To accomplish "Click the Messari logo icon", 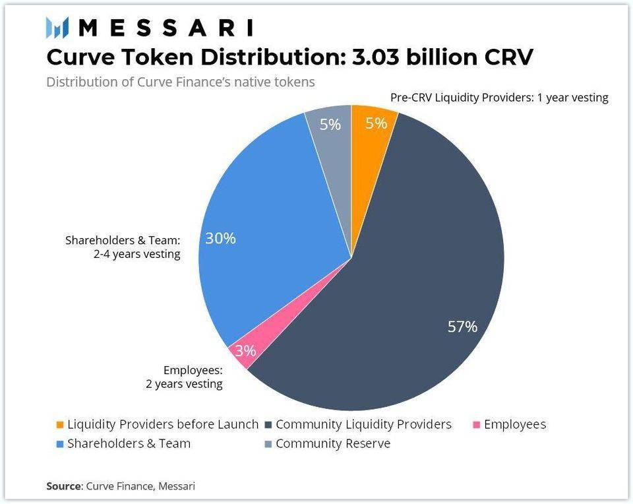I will tap(57, 28).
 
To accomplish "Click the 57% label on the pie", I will tap(462, 327).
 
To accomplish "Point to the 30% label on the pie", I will tap(220, 238).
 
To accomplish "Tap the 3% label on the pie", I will tap(245, 351).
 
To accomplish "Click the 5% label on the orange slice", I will tap(376, 123).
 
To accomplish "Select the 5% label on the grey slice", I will tap(330, 123).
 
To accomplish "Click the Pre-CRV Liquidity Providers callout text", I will tap(498, 98).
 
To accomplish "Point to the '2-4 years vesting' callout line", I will tap(136, 254).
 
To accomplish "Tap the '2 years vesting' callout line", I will tap(184, 383).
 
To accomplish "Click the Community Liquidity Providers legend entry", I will tap(363, 424).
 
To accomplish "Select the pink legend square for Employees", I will tap(477, 425).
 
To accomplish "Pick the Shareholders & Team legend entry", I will tap(129, 443).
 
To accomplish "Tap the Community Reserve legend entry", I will tap(333, 443).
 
